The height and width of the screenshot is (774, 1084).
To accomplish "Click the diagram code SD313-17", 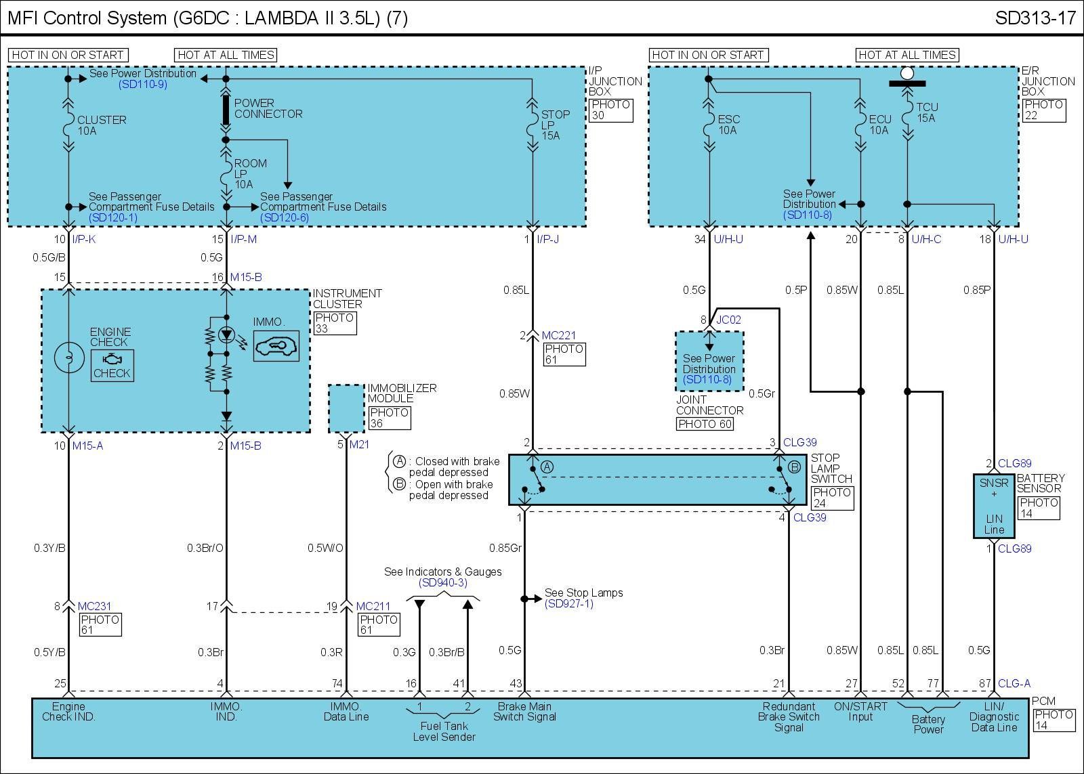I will point(1035,18).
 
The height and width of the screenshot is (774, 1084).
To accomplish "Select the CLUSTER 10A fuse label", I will point(102,125).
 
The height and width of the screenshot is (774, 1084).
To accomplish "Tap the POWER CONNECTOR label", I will point(268,108).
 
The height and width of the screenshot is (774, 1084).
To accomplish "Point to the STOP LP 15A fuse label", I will point(555,125).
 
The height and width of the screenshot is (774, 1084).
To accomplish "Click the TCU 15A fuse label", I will point(927,112).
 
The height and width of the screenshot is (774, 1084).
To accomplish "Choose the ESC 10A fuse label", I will point(728,125).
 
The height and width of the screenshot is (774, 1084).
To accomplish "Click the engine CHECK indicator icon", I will point(112,365).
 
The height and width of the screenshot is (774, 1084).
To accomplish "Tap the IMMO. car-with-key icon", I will point(276,346).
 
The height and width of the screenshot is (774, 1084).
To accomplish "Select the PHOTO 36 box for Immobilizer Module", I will point(390,418).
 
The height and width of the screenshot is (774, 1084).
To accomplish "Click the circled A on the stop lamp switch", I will point(547,467).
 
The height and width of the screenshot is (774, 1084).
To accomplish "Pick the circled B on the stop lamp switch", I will point(795,467).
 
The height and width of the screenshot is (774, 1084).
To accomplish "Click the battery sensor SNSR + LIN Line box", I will point(994,506).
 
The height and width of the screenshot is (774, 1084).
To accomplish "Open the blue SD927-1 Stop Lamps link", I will point(569,604).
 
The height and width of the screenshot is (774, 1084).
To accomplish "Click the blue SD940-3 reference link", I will point(443,583).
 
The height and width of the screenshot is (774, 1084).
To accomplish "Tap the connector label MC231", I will point(94,606).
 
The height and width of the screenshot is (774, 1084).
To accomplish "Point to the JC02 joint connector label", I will point(728,320).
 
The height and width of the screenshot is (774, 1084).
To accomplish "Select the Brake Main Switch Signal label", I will point(524,712).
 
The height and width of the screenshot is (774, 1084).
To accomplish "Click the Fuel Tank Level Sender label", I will point(444,731).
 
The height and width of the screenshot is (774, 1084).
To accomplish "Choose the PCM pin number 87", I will point(985,684).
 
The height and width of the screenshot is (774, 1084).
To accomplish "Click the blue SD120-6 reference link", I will point(285,217).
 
